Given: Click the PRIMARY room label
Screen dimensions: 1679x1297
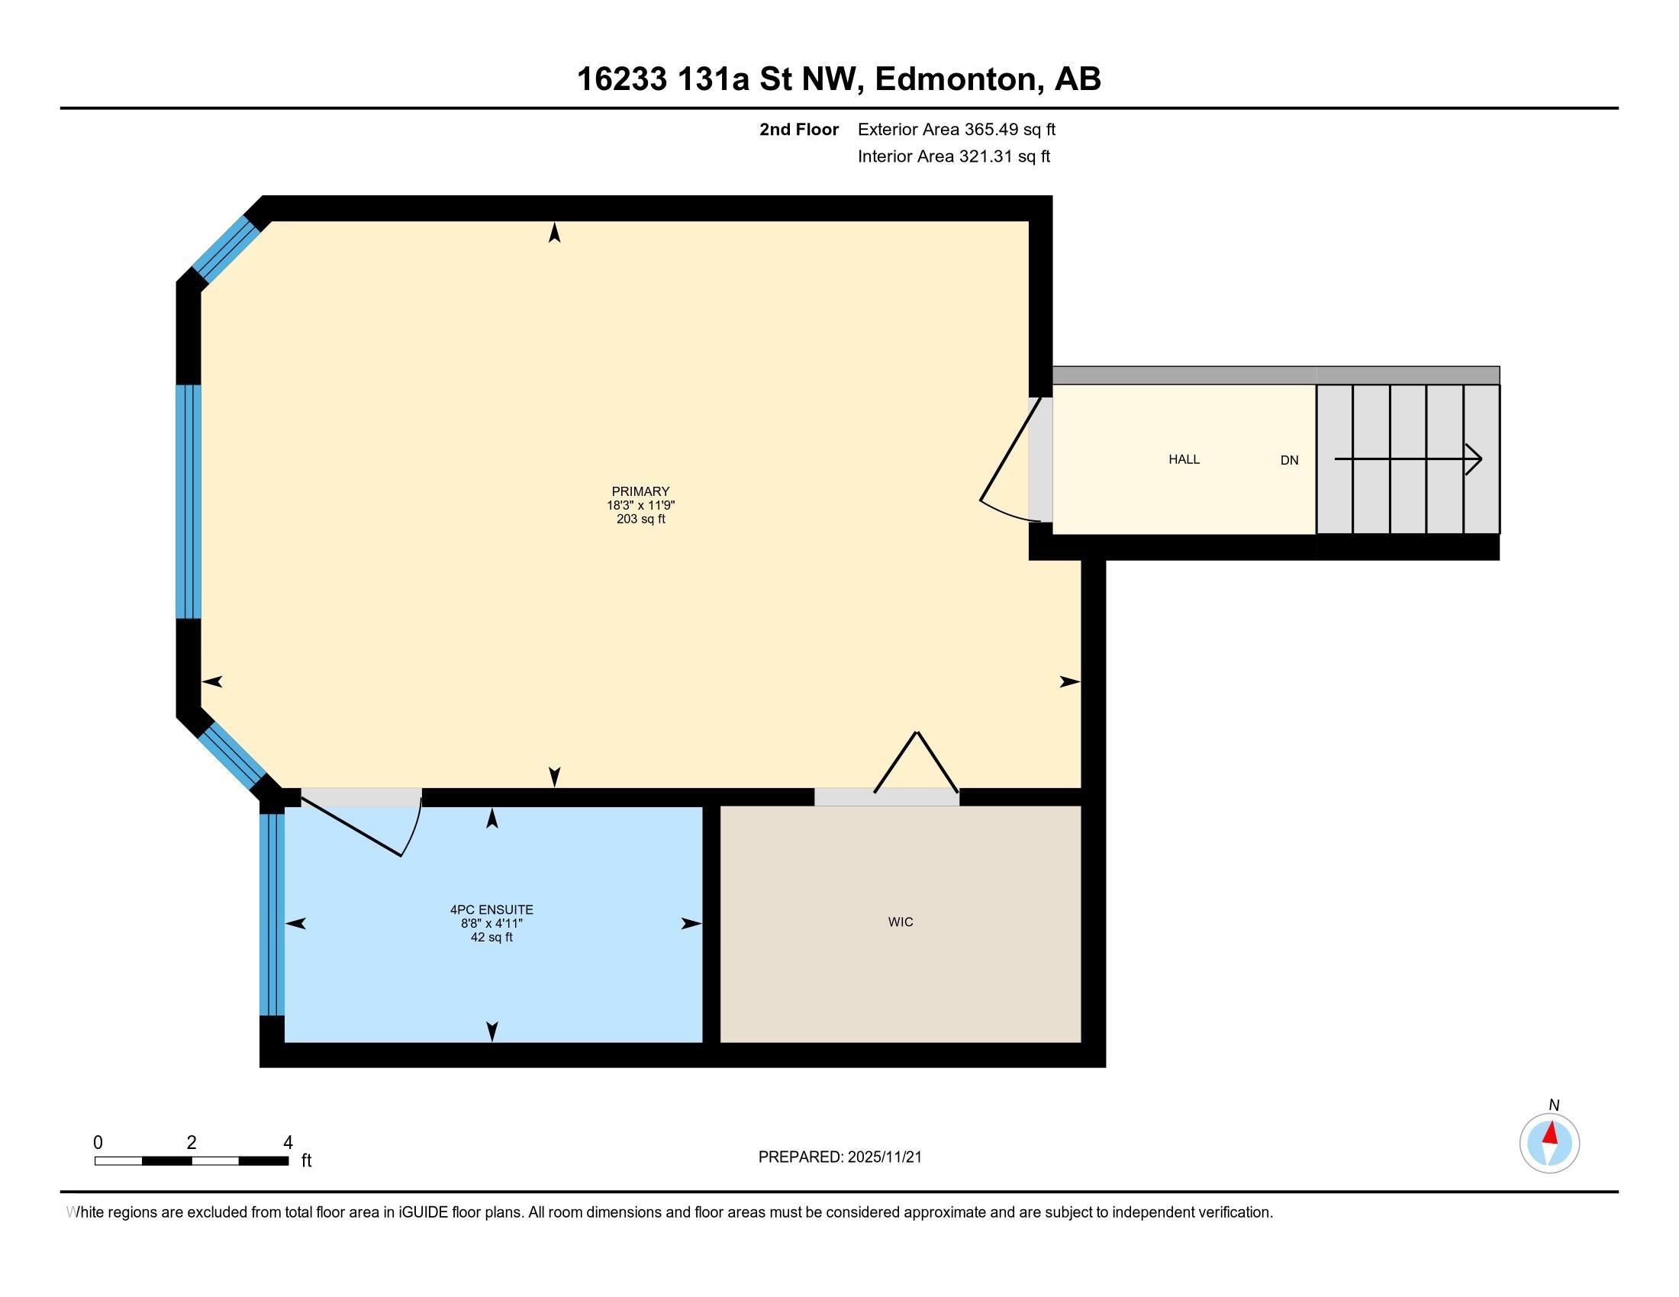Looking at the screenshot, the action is click(640, 491).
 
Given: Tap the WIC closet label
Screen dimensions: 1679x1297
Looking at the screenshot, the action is click(901, 922).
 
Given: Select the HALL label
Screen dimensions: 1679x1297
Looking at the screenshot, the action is click(1184, 459).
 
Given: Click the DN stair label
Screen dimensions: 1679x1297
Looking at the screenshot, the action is click(1289, 460).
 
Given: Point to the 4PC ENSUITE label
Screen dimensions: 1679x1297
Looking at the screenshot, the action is click(491, 909).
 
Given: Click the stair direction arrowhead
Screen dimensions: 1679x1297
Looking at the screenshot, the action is click(1474, 459).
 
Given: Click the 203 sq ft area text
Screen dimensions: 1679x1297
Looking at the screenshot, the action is click(640, 520).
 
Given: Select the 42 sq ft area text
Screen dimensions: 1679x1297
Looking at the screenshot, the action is click(491, 938).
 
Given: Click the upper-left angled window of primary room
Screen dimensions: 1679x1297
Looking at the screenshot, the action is click(223, 247).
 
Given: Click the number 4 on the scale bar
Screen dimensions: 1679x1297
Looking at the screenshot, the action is click(288, 1143).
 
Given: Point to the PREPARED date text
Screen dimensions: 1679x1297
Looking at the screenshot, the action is click(839, 1157).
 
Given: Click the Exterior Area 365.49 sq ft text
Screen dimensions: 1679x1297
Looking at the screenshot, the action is click(956, 129).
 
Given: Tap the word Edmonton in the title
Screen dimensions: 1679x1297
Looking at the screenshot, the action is click(956, 79).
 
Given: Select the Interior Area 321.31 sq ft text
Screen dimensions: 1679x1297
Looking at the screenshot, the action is click(954, 156).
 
